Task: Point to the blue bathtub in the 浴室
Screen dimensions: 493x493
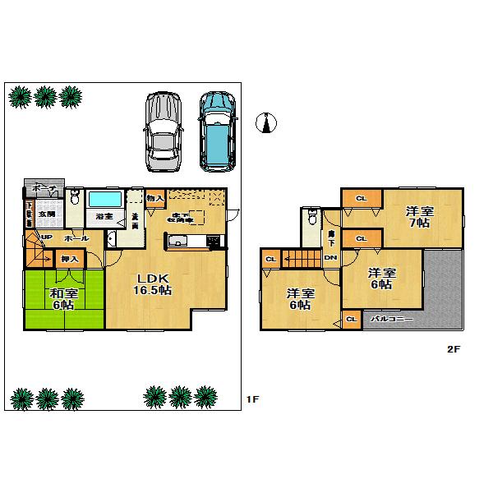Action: tap(105, 199)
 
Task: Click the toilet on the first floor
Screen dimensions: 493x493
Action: tap(75, 197)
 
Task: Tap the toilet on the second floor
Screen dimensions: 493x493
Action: tap(311, 218)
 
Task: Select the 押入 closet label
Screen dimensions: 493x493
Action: tap(69, 260)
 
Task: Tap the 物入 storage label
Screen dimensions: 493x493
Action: tap(155, 198)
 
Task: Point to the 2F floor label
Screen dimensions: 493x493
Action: tap(453, 348)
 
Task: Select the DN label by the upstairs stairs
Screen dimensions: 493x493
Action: tap(329, 258)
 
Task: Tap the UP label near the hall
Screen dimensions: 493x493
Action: tap(47, 237)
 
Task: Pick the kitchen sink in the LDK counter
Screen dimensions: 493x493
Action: tap(178, 242)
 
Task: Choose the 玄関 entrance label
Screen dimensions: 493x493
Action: tap(47, 214)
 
